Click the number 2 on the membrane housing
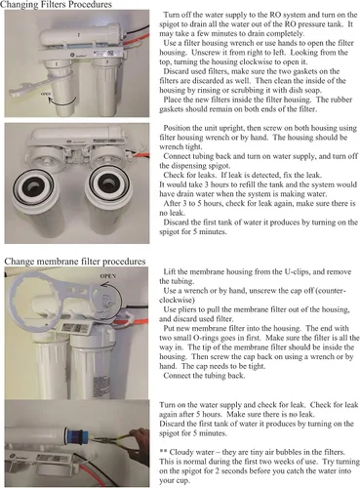[79, 34]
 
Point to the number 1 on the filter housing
[56, 64]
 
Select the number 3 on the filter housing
[107, 61]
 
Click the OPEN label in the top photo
[46, 94]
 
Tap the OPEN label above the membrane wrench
[108, 276]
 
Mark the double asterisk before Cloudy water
[163, 452]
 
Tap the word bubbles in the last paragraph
[289, 452]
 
